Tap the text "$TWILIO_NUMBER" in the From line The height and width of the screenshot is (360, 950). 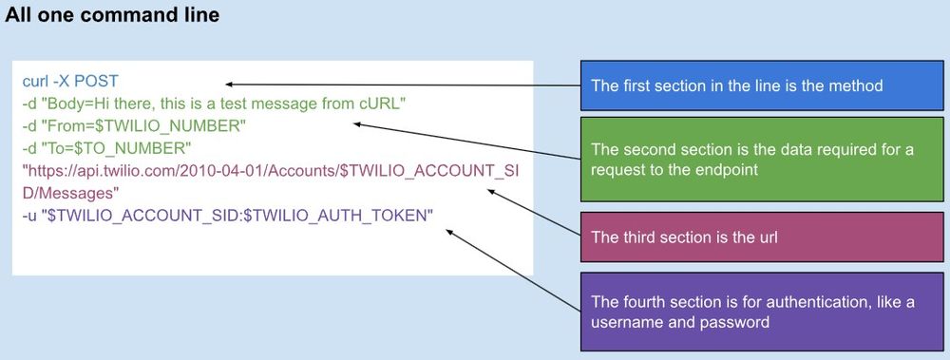pos(159,126)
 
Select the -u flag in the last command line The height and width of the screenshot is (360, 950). pos(30,217)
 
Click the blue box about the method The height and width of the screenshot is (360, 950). pos(764,85)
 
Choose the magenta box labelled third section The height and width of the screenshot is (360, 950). pos(764,237)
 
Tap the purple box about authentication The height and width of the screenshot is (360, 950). pos(764,311)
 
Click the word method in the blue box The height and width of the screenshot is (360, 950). pos(857,85)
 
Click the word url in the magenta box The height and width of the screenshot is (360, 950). pos(765,237)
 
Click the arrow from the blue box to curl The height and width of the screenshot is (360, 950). pos(399,84)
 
